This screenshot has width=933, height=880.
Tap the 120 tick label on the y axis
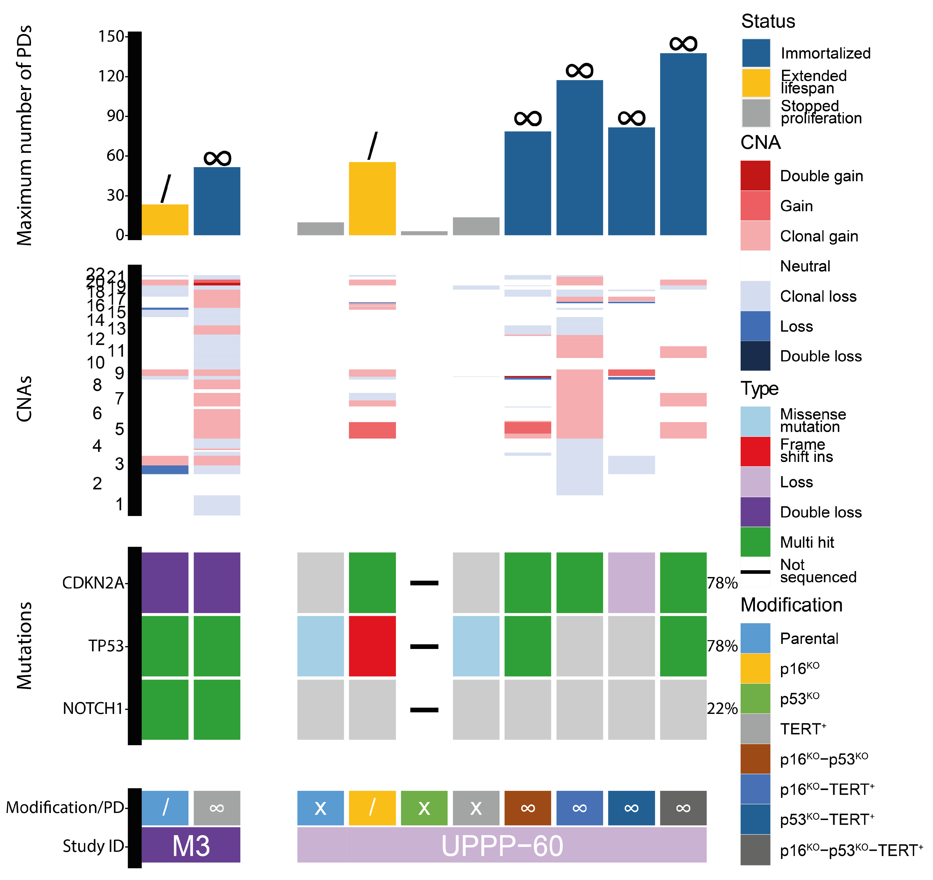111,76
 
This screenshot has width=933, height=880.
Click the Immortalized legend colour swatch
755,53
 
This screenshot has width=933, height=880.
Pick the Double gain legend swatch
755,175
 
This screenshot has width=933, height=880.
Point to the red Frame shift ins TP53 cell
372,646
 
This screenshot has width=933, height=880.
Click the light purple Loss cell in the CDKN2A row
631,582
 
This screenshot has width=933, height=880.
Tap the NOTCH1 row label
93,708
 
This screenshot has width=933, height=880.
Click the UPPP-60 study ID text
502,846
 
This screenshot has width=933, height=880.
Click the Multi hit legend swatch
755,542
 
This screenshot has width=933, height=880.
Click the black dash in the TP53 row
424,646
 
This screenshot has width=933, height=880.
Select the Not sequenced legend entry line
755,572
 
